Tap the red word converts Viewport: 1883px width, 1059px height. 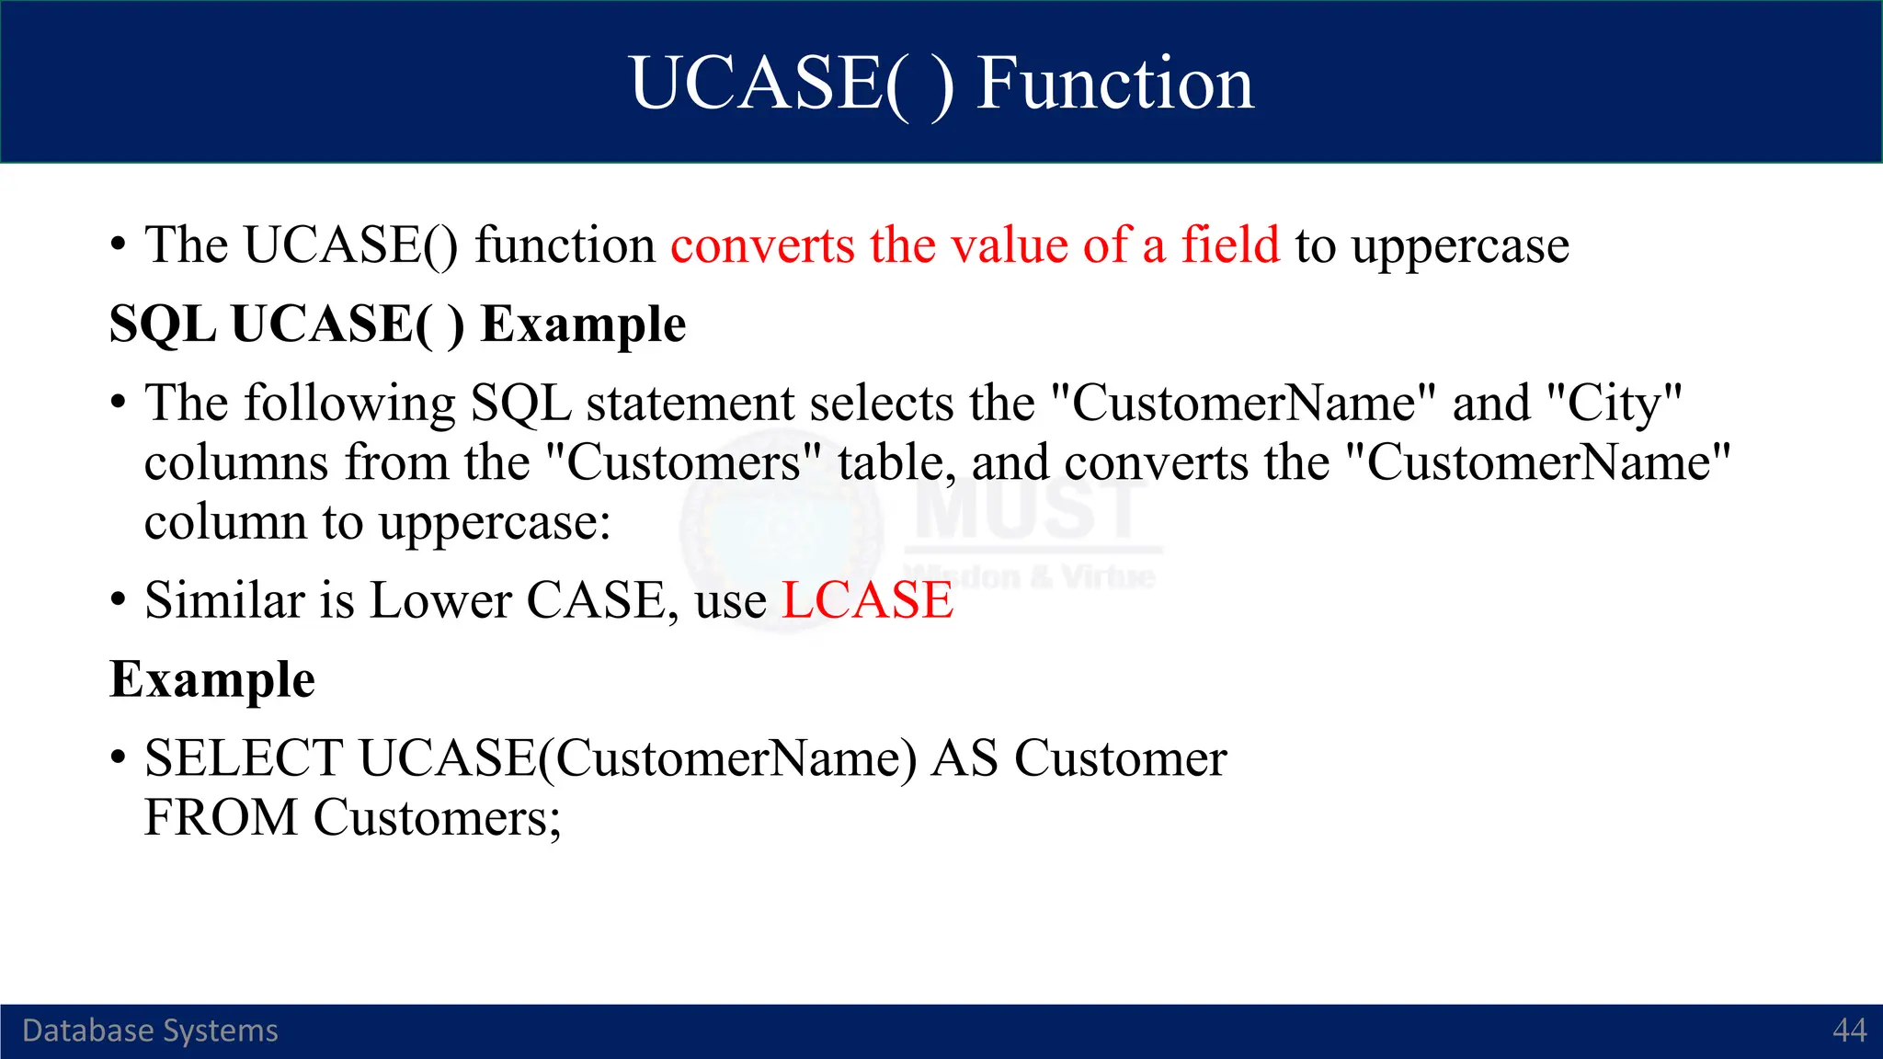pos(762,245)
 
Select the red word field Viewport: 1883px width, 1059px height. pos(1229,245)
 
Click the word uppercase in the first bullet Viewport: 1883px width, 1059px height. pos(1459,247)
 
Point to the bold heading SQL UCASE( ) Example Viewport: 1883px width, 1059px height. pos(397,325)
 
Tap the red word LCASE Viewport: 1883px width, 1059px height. pos(867,601)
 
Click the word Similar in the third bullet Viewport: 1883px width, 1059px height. pos(224,601)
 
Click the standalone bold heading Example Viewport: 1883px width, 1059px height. pos(212,680)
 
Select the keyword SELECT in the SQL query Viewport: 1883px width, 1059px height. pos(244,759)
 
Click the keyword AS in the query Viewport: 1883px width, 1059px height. pos(964,759)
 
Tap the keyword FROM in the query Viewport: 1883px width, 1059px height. pos(221,818)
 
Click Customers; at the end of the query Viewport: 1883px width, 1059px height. pos(437,818)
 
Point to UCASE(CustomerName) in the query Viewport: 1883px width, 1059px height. pos(637,759)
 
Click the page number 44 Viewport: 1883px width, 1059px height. pos(1849,1031)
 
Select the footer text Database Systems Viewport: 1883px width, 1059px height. pos(150,1031)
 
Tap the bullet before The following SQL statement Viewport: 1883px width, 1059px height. pos(118,404)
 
